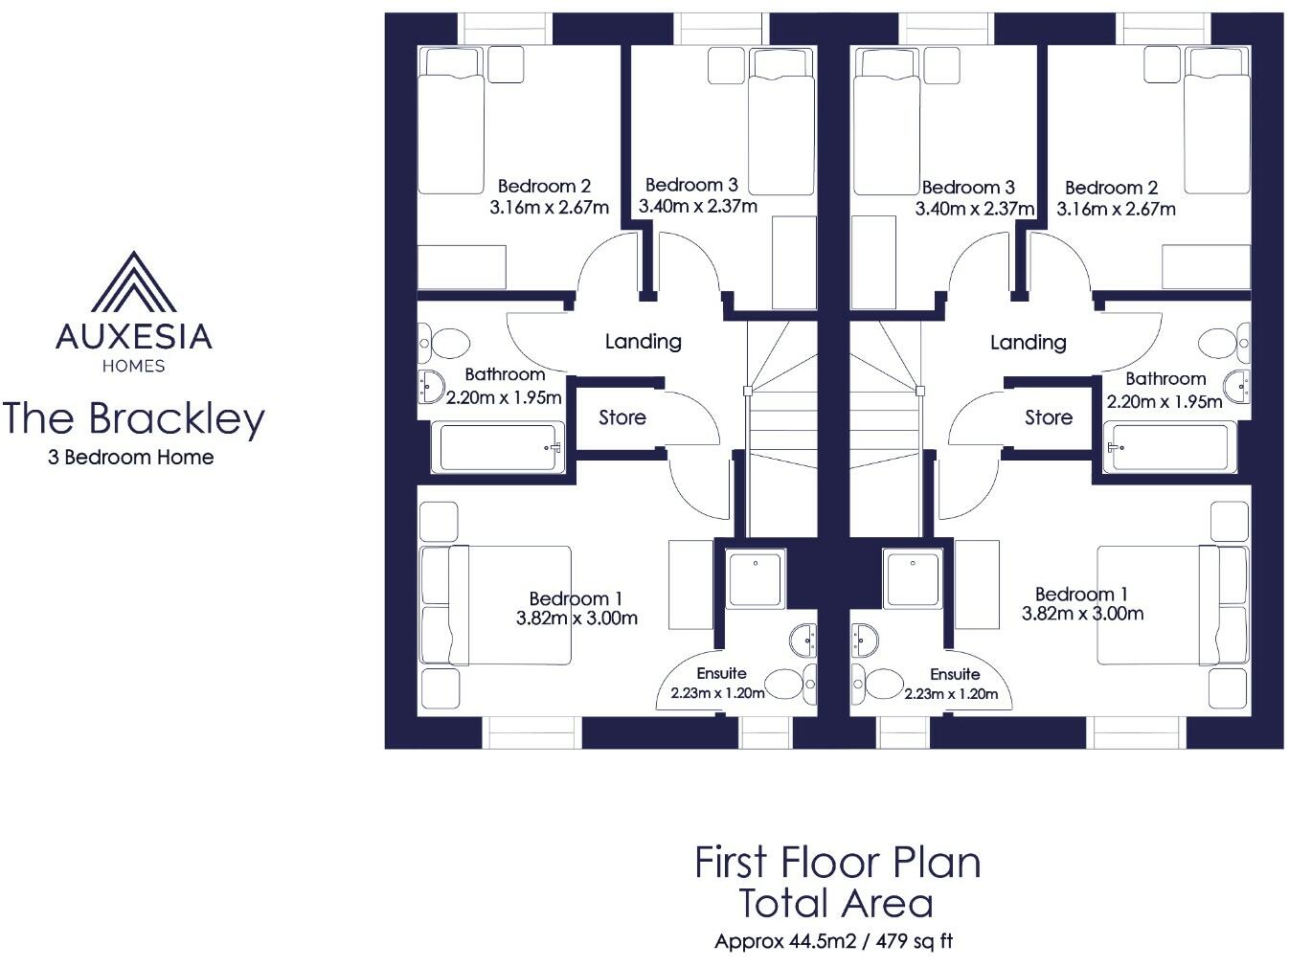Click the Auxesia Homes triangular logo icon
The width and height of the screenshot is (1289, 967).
[x=133, y=281]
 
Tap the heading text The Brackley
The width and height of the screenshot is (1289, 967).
[x=133, y=419]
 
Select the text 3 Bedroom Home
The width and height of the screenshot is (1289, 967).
[x=131, y=458]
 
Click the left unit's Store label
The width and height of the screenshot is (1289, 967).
[x=622, y=417]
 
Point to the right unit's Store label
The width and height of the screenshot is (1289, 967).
[x=1049, y=417]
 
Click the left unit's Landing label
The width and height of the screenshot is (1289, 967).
[x=644, y=342]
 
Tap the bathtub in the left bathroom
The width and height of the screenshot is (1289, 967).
[x=499, y=447]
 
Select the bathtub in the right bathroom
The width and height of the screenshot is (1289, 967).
[x=1167, y=447]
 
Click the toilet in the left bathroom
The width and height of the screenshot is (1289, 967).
[x=447, y=343]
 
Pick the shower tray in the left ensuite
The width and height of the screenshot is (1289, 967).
[x=757, y=577]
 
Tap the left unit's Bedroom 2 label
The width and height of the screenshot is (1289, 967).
[x=544, y=187]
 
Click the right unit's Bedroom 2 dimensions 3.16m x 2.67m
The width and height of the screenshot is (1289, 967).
[x=1117, y=209]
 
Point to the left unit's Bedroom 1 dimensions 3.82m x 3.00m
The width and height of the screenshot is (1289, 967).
[x=577, y=618]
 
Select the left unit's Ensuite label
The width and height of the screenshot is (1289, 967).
[x=721, y=673]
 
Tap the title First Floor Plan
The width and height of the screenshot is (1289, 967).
[x=838, y=862]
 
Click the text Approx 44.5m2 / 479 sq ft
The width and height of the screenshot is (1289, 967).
[x=834, y=941]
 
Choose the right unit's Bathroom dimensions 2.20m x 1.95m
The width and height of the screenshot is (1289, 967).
[x=1165, y=402]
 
